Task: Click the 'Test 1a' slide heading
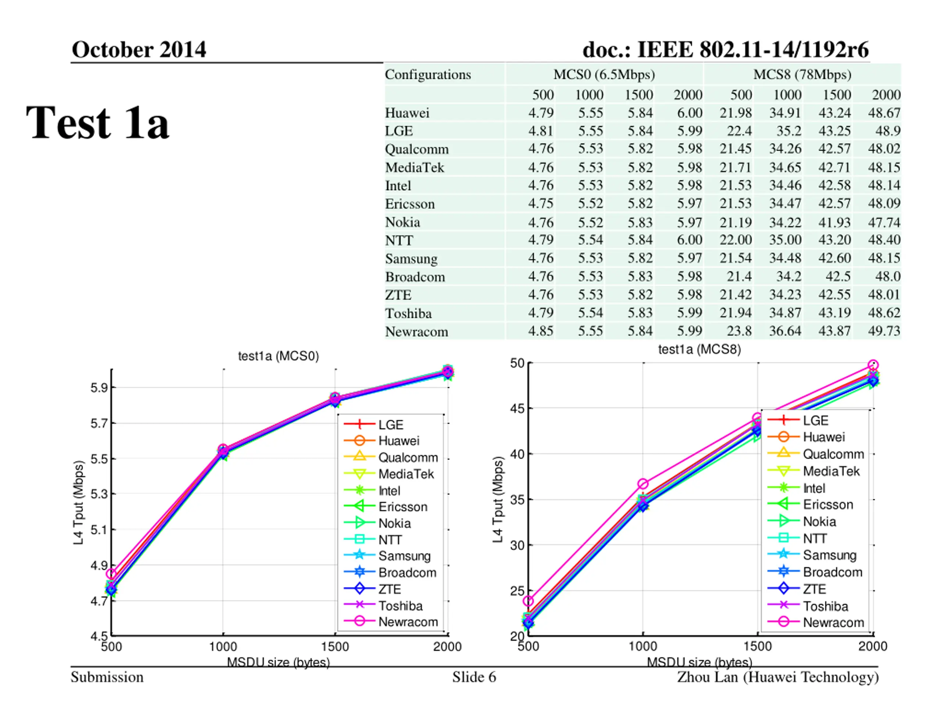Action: (97, 122)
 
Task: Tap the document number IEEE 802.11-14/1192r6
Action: (725, 50)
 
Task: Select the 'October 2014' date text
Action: (139, 50)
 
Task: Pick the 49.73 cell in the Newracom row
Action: (884, 331)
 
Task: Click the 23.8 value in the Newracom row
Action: (739, 331)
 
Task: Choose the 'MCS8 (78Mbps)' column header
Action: (802, 75)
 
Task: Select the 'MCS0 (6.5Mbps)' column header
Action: (604, 75)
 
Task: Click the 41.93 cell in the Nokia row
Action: (834, 222)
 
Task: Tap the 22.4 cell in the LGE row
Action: (739, 131)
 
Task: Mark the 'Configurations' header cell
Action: (427, 75)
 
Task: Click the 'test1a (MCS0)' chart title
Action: (278, 356)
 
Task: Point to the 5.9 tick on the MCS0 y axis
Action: (97, 388)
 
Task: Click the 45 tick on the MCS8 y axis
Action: (517, 409)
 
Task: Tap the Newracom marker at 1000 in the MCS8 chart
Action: (643, 484)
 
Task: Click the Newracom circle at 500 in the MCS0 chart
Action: (111, 574)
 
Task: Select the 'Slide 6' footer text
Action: (474, 677)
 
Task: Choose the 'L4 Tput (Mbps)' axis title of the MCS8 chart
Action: (498, 500)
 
